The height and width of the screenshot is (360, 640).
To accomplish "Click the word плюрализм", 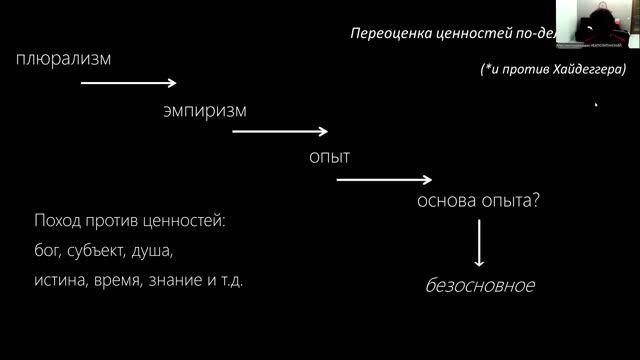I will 63,58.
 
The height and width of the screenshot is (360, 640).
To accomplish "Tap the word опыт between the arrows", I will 329,157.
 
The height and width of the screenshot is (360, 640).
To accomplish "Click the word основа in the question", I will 446,200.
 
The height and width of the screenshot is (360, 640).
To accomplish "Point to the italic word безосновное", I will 480,286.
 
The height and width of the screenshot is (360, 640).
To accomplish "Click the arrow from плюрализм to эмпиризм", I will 128,83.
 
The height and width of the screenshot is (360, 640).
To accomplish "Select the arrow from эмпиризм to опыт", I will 280,131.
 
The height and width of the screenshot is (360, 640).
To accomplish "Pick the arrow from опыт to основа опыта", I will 384,180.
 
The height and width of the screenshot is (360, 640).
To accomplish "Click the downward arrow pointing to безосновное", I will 479,242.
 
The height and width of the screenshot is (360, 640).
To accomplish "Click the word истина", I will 58,281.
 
